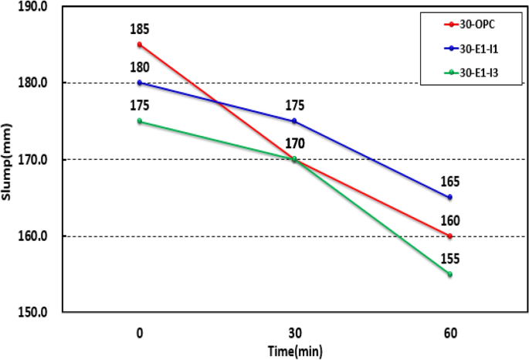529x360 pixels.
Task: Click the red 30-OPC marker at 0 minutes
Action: [x=140, y=44]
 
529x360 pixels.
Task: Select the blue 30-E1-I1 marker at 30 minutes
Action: [x=294, y=121]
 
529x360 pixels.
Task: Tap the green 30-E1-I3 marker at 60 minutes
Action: [x=449, y=274]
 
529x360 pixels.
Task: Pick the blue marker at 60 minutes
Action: [x=449, y=198]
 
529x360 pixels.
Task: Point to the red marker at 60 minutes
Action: [x=449, y=236]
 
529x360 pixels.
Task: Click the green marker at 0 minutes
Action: [x=140, y=121]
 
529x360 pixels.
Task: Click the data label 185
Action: [x=140, y=30]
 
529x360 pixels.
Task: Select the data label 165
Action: [x=450, y=182]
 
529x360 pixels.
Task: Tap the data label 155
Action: [x=450, y=260]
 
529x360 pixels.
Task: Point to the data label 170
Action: [x=295, y=143]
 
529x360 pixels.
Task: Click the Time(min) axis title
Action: [x=294, y=350]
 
